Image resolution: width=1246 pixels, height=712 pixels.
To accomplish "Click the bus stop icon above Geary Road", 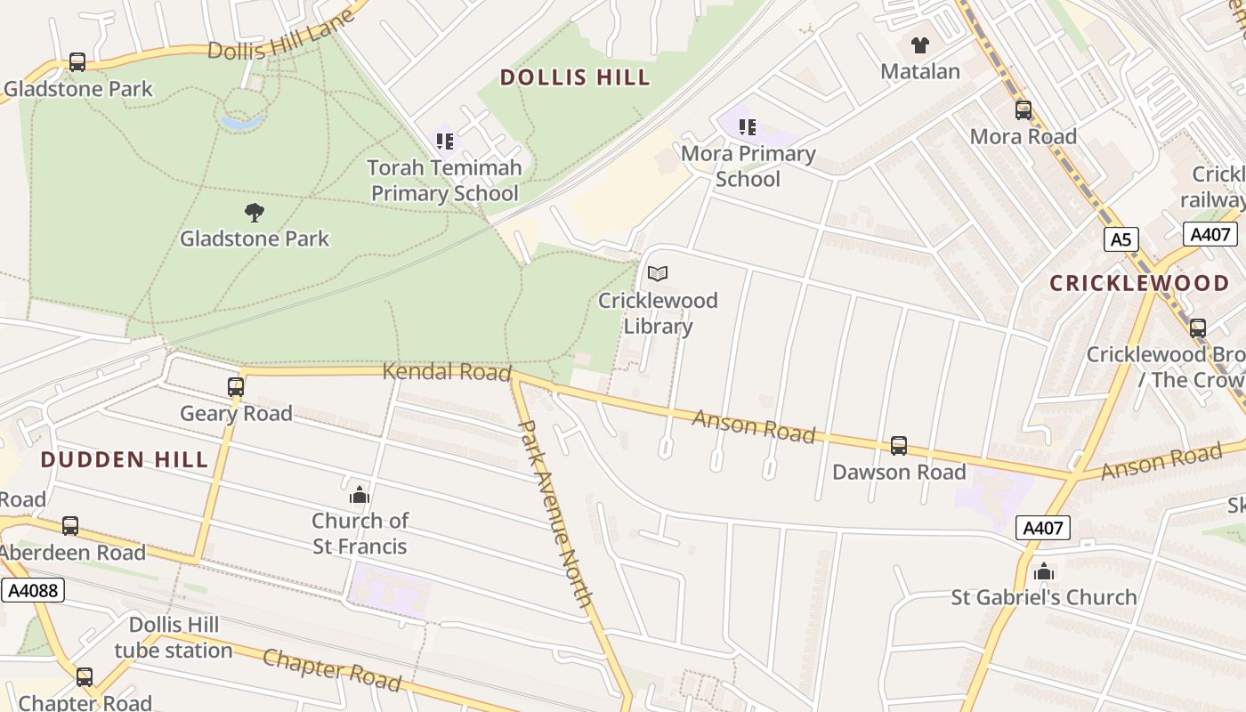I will [x=236, y=387].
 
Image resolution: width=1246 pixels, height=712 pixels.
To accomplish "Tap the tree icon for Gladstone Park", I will [x=255, y=212].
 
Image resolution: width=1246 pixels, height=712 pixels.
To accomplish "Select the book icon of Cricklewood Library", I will [x=658, y=274].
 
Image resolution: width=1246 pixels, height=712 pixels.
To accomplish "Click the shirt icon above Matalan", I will [x=919, y=44].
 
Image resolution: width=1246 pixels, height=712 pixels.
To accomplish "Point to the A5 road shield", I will [x=1121, y=239].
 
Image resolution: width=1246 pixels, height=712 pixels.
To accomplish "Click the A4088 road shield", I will [x=33, y=590].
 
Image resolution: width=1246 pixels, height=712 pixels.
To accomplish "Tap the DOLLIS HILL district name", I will [x=575, y=77].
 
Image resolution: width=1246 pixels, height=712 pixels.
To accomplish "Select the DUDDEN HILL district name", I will [x=125, y=459].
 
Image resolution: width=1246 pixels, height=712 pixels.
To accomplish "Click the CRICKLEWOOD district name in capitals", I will [x=1139, y=283].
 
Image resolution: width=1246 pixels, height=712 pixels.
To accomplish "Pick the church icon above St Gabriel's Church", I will [x=1044, y=570].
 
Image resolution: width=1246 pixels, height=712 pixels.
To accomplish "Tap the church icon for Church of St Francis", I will [x=360, y=494].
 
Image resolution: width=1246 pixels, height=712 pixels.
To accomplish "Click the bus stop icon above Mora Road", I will [x=1023, y=110].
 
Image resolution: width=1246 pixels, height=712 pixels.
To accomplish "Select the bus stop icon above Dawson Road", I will [x=899, y=445].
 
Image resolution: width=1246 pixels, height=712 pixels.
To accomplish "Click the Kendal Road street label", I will [x=447, y=371].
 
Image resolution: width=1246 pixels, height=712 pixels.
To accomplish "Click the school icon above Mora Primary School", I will [x=748, y=127].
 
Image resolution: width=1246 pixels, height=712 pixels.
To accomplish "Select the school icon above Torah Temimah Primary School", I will [x=445, y=141].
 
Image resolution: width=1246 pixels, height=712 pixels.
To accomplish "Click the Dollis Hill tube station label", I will [x=174, y=637].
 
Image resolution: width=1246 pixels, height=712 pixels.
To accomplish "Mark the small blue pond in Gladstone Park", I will [x=243, y=121].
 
